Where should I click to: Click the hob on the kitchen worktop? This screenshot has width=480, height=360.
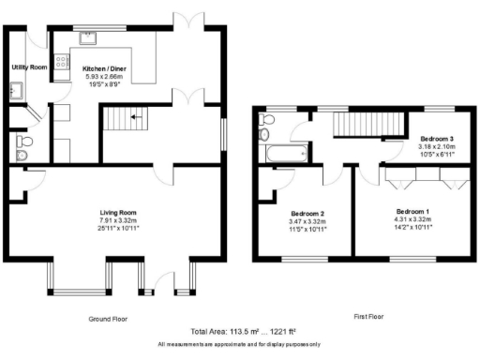point(61,63)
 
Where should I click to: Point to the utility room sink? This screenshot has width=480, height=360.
point(16,91)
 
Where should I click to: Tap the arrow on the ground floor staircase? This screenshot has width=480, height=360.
point(134,117)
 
